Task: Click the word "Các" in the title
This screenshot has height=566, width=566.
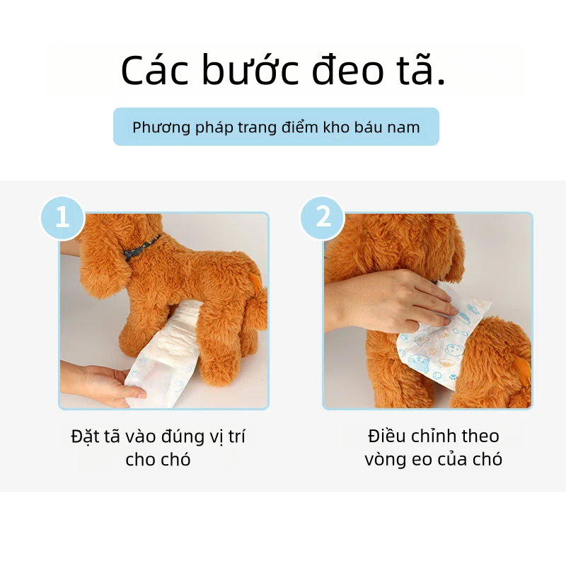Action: click(154, 69)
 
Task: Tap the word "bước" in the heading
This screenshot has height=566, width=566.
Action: click(250, 69)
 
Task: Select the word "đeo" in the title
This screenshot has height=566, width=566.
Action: click(347, 69)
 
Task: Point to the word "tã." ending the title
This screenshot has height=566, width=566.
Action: click(421, 69)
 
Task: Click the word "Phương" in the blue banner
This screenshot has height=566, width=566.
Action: click(161, 127)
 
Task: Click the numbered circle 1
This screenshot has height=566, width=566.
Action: click(62, 218)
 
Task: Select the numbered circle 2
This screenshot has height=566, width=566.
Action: click(323, 218)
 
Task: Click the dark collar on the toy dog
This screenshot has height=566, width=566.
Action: click(140, 248)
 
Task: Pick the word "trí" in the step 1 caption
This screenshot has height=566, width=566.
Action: click(237, 437)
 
